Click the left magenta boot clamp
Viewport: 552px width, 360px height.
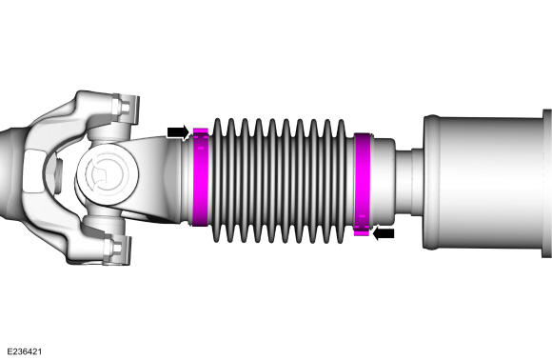pos(200,178)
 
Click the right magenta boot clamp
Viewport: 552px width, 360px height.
pos(362,184)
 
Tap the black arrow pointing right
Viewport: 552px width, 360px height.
pos(178,132)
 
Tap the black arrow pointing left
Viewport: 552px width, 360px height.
pos(384,233)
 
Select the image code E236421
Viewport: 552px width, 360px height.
pos(25,351)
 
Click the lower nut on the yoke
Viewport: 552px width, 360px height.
pos(116,249)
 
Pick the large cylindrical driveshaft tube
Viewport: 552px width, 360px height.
pos(484,182)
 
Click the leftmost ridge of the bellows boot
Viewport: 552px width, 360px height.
pos(217,180)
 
